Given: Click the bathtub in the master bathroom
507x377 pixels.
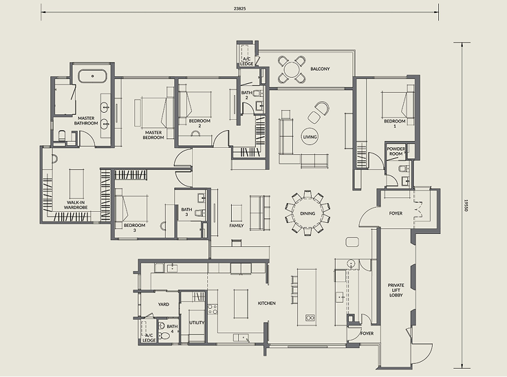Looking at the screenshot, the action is (92, 76).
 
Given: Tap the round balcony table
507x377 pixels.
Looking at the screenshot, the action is (292, 69).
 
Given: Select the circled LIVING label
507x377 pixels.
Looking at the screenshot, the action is (310, 137).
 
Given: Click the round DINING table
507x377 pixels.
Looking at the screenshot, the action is (308, 213).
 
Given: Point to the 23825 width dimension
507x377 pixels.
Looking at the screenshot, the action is (239, 9).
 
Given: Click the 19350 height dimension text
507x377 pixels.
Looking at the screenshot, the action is (466, 205).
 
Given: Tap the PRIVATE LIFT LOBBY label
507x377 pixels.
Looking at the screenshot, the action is (396, 290).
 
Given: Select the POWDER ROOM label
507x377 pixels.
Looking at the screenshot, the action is (396, 151).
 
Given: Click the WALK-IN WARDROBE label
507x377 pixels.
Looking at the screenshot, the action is (76, 205).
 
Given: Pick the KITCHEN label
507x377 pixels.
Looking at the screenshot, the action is (267, 303).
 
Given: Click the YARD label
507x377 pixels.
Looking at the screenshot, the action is (164, 304).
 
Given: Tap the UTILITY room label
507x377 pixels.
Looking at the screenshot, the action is (197, 323).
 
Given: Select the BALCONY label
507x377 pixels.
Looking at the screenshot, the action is (320, 69).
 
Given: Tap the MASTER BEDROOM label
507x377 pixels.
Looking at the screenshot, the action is (153, 135).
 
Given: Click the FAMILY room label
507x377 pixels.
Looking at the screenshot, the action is (237, 226).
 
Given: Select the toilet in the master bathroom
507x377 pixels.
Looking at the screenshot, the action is (62, 136).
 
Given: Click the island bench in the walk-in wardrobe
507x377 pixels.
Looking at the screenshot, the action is (76, 184).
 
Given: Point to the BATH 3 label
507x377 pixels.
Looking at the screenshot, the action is (186, 212).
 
